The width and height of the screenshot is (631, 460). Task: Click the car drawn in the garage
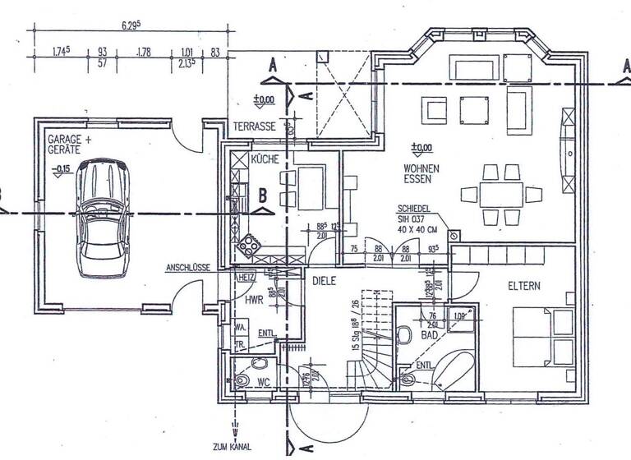[101, 217]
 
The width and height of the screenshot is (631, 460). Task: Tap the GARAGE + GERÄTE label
[70, 145]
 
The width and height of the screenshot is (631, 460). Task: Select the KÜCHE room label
[265, 159]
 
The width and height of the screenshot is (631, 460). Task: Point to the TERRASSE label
[255, 127]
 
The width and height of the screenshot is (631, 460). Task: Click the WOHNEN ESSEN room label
[421, 173]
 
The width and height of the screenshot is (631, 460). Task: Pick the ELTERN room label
[523, 287]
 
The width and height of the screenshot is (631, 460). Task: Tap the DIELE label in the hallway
[326, 280]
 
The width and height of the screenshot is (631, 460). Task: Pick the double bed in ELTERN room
[542, 337]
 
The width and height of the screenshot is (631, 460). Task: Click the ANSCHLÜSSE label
[188, 268]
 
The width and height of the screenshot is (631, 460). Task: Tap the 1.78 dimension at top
[145, 53]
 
